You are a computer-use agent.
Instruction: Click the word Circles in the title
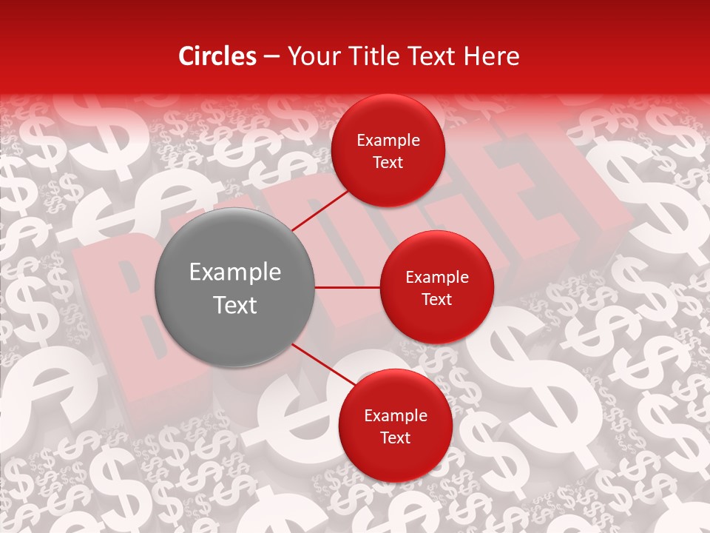pos(217,56)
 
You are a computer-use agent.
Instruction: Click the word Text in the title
pos(432,56)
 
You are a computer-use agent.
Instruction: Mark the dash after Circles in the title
pos(271,57)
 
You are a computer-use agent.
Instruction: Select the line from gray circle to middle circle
pos(347,287)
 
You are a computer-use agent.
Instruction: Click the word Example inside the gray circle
pos(235,272)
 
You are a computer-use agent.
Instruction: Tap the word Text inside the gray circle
pos(235,305)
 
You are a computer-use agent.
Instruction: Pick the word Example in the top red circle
pos(388,141)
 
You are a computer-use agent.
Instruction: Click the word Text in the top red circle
pos(388,163)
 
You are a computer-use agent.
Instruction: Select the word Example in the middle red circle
pos(437,278)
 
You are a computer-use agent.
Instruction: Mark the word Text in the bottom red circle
pos(395,438)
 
